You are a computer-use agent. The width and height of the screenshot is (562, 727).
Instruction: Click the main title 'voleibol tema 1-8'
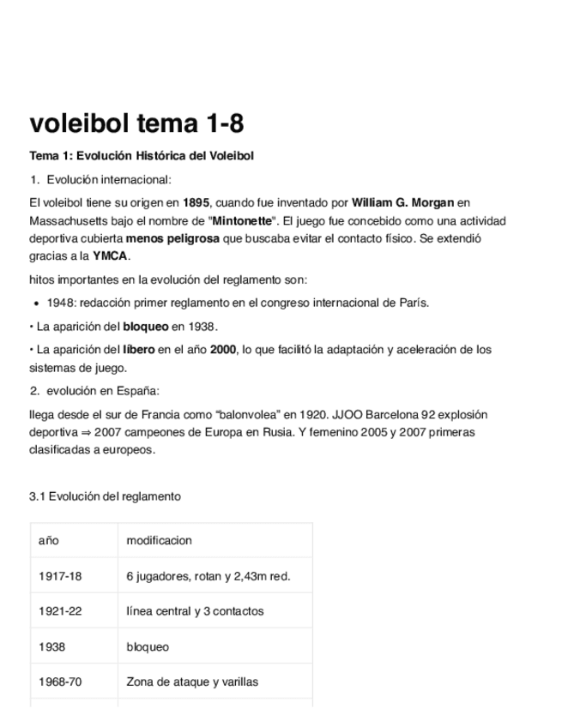pos(136,124)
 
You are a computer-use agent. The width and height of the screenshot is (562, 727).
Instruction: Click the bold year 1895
pos(196,203)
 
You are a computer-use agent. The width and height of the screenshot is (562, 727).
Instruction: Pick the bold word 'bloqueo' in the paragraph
pos(146,327)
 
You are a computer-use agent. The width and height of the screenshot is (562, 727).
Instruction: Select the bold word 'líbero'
pos(139,349)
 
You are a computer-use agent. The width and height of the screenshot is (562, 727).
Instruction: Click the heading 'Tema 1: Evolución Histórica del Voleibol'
pos(142,156)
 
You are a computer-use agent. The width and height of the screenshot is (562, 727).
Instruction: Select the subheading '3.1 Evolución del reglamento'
pos(105,496)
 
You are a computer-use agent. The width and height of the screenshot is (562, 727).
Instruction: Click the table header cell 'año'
pos(48,541)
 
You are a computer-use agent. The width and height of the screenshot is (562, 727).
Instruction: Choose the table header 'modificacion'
pos(159,541)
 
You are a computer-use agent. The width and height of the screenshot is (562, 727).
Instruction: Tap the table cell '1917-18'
pos(60,576)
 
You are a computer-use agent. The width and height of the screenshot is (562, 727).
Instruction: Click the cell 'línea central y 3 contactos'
pos(195,611)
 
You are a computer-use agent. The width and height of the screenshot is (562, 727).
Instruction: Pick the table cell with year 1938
pos(52,647)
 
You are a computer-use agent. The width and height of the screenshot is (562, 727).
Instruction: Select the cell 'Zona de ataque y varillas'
pos(192,682)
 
